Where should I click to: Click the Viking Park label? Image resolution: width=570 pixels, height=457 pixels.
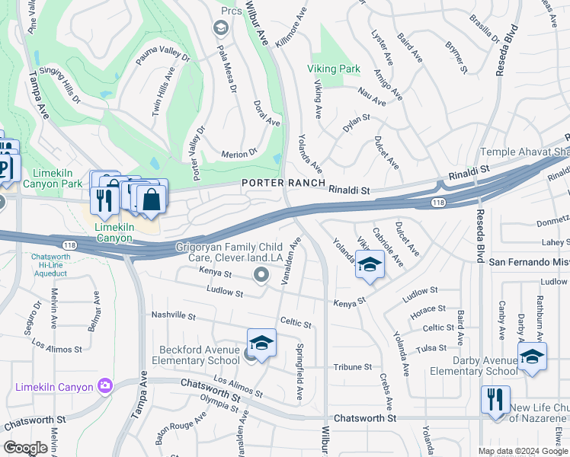(334, 69)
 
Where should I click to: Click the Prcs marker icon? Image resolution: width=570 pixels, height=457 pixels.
(222, 29)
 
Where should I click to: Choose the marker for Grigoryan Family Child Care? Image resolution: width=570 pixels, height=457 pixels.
(261, 274)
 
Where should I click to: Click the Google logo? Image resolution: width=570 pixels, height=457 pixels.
(25, 448)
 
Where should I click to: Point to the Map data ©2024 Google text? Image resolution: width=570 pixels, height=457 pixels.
(524, 451)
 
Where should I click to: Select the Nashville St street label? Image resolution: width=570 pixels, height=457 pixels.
(174, 315)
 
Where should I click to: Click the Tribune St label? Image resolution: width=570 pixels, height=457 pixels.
(351, 366)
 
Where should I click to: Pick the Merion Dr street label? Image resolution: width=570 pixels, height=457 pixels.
(240, 154)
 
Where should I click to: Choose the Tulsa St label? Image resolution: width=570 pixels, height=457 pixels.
(431, 347)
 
